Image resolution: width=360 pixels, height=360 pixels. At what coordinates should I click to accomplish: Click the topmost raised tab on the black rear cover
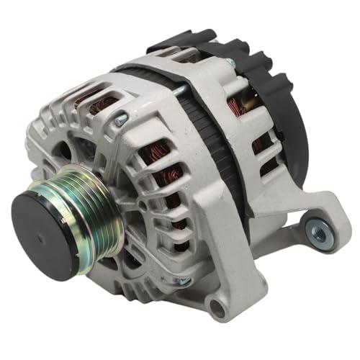(x=189, y=36)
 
